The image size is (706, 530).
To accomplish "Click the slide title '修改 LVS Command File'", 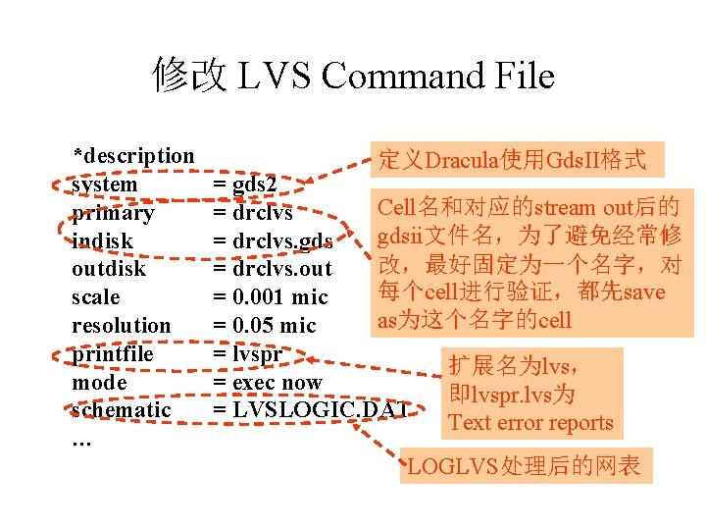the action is (x=353, y=76).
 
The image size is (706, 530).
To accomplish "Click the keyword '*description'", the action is (x=133, y=155).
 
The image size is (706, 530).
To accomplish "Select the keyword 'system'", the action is (x=105, y=185).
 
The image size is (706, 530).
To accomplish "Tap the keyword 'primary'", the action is (x=113, y=213).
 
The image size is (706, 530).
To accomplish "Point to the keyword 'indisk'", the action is (x=103, y=240).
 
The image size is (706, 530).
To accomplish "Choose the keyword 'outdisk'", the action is (x=109, y=269).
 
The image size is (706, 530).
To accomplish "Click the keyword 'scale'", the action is (x=96, y=296).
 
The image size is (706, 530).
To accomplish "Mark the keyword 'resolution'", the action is (x=121, y=325).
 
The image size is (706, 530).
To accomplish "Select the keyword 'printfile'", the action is (x=113, y=353).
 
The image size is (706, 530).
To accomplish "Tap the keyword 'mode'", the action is (x=99, y=382).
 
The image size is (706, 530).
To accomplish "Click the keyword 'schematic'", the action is (x=121, y=409).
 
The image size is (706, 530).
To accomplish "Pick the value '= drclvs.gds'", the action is (x=274, y=240).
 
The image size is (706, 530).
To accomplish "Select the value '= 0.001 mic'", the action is (x=271, y=296).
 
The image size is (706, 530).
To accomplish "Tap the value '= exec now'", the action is (x=268, y=382).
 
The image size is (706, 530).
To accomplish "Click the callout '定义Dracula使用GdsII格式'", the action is (x=513, y=159).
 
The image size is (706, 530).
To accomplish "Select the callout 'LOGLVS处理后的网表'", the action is (x=524, y=466).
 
